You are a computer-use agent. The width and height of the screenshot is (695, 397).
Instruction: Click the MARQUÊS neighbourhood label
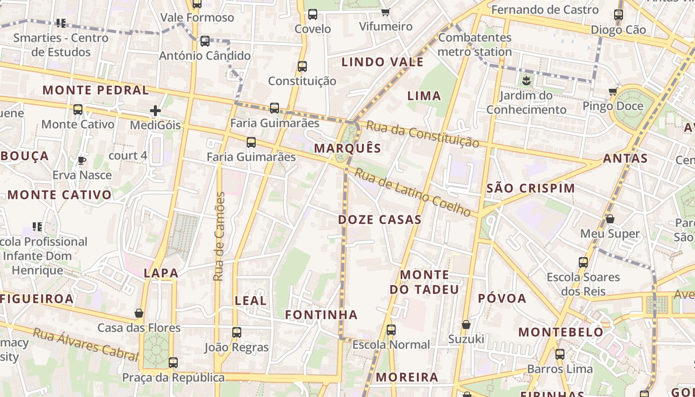coord(347,148)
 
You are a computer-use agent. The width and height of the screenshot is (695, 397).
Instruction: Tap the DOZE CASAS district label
coord(380,219)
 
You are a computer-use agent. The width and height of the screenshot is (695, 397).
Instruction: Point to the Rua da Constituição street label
coord(422,134)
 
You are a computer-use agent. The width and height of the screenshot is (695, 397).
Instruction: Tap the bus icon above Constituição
coord(302,66)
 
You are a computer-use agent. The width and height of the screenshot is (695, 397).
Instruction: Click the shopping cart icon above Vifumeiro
coord(386,12)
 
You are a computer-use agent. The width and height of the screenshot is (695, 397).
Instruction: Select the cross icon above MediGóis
coord(155,111)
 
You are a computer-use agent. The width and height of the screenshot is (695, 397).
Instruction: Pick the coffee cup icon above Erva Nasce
coord(82,160)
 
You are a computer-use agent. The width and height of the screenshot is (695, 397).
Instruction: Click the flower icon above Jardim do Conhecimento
coord(526,80)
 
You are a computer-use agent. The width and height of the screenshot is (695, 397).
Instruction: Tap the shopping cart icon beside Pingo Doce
coord(613,91)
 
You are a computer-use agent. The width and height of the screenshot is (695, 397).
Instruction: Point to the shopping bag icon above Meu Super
coord(610,219)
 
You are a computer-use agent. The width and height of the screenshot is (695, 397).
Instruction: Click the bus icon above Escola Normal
coord(391,330)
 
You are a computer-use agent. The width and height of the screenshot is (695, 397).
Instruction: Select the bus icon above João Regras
coord(237,332)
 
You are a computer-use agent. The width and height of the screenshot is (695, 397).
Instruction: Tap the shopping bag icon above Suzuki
coord(466,325)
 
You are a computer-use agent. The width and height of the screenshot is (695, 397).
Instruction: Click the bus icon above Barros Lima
coord(560,354)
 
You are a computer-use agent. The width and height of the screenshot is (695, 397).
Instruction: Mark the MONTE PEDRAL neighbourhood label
coord(95,90)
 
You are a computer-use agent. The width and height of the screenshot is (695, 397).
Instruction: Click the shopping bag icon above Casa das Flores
coord(139,313)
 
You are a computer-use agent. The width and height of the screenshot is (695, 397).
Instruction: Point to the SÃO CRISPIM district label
coord(531,188)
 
